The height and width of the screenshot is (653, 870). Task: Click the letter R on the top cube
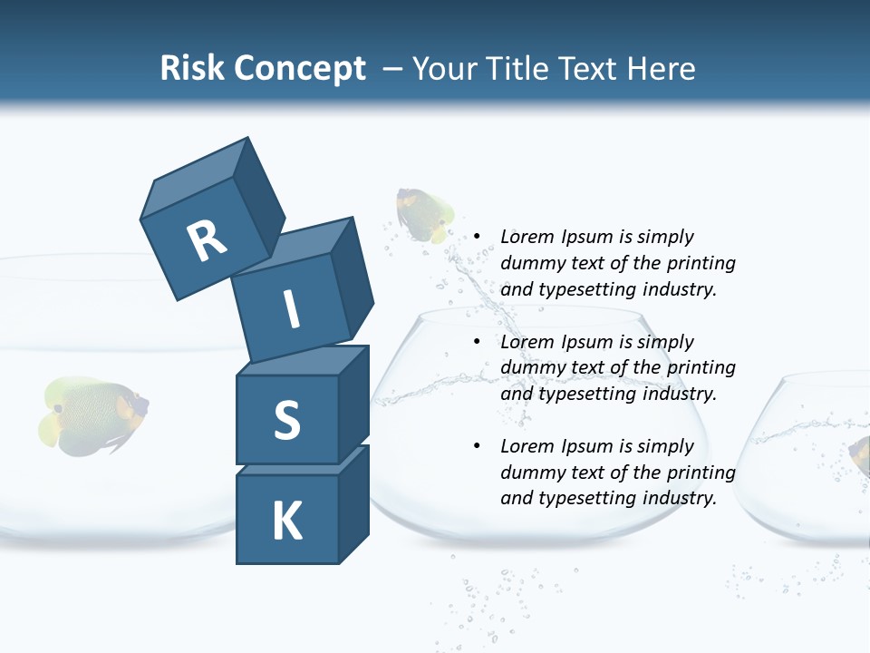coord(207,241)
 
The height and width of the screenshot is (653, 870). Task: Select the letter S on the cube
coord(286,419)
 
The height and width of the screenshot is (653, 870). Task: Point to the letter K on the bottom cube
coord(286,521)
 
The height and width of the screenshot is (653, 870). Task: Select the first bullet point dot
coord(476,237)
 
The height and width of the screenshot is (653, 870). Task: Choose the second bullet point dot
coord(476,342)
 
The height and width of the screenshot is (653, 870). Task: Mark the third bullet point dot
coord(476,446)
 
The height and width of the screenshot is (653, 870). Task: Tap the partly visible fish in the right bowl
coord(859,453)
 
